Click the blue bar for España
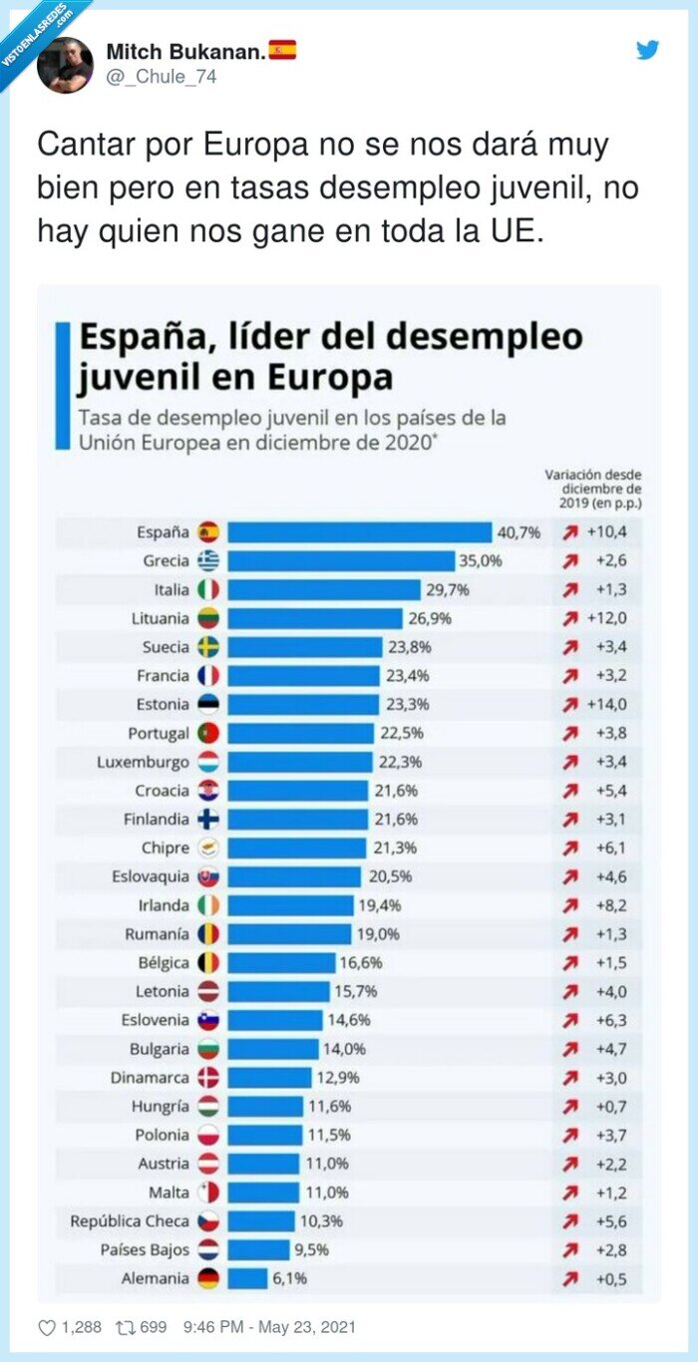[x=359, y=532]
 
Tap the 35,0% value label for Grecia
[x=480, y=561]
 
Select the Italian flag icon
[x=208, y=590]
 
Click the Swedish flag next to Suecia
[x=208, y=647]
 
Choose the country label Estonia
[x=162, y=705]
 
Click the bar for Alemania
[x=247, y=1279]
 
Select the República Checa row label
[x=129, y=1221]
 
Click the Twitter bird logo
[x=648, y=50]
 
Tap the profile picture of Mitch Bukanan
[x=65, y=65]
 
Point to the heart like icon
[x=47, y=1327]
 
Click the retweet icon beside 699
[x=125, y=1327]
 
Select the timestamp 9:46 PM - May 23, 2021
[x=269, y=1327]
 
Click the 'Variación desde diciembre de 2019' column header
[x=593, y=489]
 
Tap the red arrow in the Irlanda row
[x=570, y=906]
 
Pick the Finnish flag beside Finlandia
[x=208, y=820]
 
